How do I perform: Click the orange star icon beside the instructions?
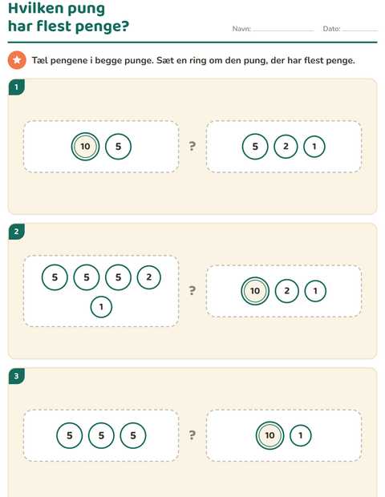click(x=17, y=60)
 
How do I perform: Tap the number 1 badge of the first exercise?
click(x=17, y=87)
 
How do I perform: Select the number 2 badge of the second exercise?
click(x=17, y=232)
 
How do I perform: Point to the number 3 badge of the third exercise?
click(x=17, y=376)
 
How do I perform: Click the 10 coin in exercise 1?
click(x=85, y=147)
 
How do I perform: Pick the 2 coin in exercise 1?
click(x=286, y=147)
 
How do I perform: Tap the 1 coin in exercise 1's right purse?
click(x=314, y=147)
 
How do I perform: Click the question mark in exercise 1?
click(x=192, y=146)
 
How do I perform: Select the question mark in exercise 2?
click(x=192, y=291)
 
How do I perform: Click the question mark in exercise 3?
click(x=192, y=434)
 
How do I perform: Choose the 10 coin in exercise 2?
click(x=255, y=291)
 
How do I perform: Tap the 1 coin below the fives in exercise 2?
click(x=101, y=307)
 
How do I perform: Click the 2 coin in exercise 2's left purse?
click(x=148, y=277)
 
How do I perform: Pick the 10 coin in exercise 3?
click(x=269, y=435)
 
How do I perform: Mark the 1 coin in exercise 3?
click(x=301, y=435)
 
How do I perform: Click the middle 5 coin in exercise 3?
click(x=101, y=435)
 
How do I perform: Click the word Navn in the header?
click(x=241, y=29)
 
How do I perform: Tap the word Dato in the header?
click(x=331, y=29)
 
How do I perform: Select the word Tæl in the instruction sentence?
click(x=39, y=60)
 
